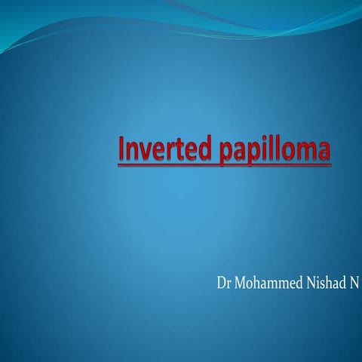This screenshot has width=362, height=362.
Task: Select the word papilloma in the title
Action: tap(277, 151)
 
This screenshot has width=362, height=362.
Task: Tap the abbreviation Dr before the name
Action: tap(223, 284)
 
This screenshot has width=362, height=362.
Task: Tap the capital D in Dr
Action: tap(220, 284)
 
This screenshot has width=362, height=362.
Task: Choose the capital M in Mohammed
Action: tap(241, 284)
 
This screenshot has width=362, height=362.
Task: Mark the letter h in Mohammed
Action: tap(257, 284)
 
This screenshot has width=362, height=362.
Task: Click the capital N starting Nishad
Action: tap(310, 284)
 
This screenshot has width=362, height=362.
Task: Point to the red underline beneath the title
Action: tap(224, 164)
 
